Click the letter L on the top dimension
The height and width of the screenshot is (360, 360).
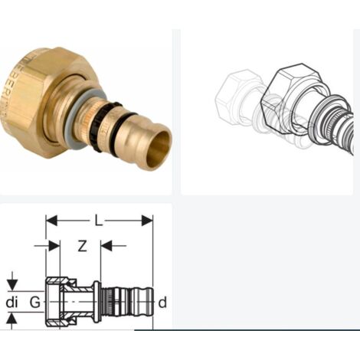pyautogui.click(x=97, y=220)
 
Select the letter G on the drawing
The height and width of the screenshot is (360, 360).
pyautogui.click(x=34, y=303)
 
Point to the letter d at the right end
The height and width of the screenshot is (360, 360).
pyautogui.click(x=162, y=303)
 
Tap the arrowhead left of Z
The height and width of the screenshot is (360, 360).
pyautogui.click(x=54, y=246)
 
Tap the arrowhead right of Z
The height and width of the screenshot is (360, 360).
pyautogui.click(x=106, y=246)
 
